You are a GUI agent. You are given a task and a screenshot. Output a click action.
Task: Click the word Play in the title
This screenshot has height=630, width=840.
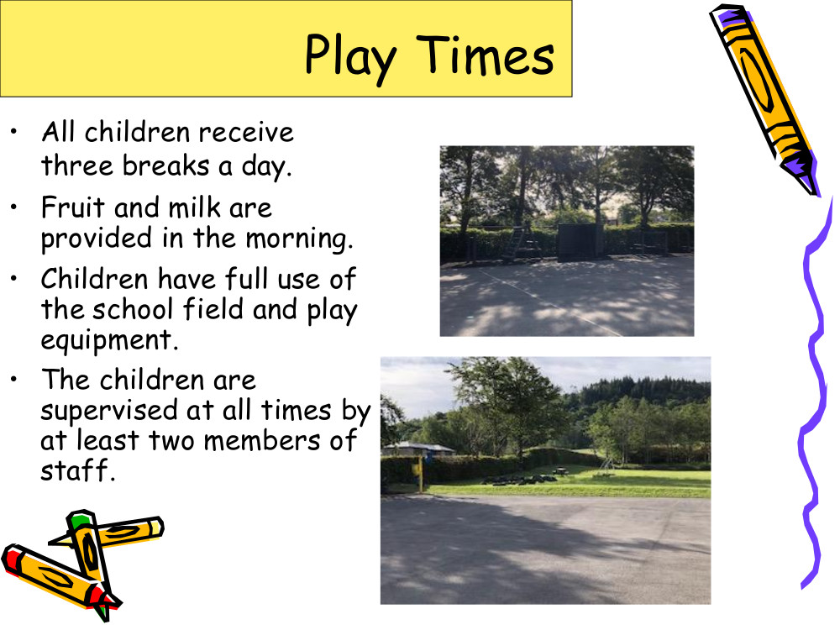350,57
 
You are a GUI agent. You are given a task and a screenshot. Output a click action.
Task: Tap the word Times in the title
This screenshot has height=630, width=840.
485,55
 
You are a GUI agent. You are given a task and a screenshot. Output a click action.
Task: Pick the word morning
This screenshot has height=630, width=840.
299,239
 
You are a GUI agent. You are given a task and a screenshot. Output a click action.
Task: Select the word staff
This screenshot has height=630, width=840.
77,470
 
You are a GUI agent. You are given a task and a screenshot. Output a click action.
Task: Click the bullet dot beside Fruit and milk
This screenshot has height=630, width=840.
14,207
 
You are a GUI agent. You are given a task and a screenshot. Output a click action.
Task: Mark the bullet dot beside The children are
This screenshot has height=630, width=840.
14,380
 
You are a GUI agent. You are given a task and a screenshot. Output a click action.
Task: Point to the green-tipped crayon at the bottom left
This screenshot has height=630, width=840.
91,563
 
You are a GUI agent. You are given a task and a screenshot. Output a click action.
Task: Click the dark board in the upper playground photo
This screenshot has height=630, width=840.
580,241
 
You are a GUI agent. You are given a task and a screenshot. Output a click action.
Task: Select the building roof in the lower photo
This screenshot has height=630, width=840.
418,448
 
